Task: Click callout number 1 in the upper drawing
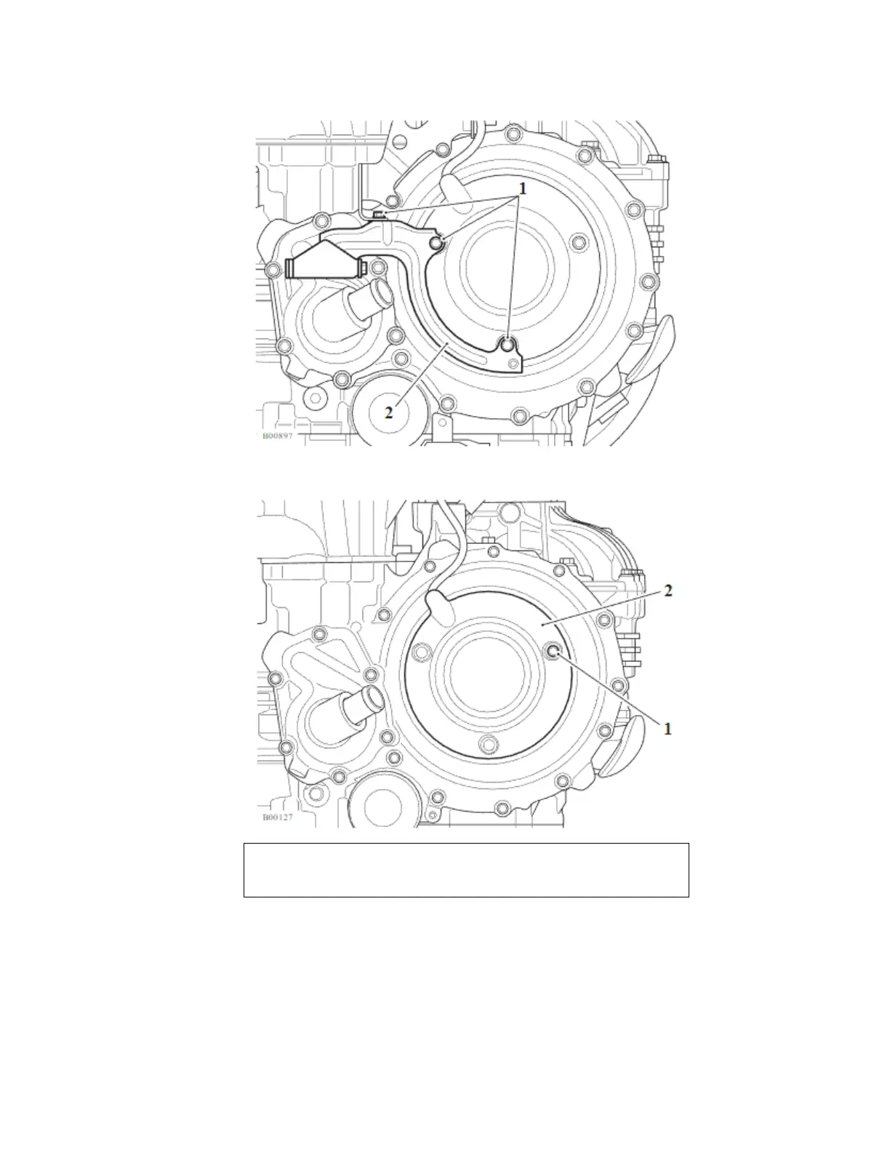tap(522, 188)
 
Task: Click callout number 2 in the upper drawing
tap(388, 412)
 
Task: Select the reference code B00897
tap(278, 436)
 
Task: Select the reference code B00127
tap(278, 817)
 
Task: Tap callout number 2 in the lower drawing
tap(668, 591)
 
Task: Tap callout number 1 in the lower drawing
tap(668, 729)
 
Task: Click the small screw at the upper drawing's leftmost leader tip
tap(379, 215)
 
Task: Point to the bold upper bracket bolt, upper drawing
tap(436, 244)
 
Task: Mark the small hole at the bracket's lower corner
tap(513, 363)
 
